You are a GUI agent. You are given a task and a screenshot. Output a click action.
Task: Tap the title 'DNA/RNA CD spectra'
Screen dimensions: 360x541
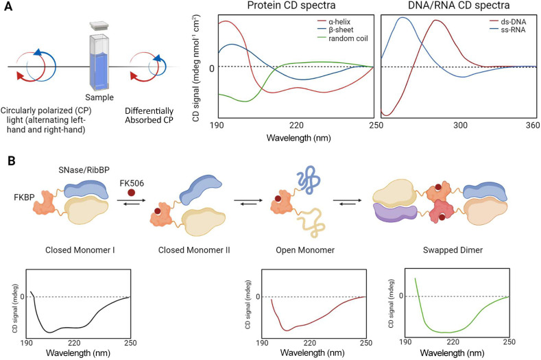pos(458,6)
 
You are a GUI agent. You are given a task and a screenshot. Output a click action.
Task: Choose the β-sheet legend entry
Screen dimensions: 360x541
pos(343,32)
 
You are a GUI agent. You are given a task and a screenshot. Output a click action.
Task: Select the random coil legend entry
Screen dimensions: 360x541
pos(347,42)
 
